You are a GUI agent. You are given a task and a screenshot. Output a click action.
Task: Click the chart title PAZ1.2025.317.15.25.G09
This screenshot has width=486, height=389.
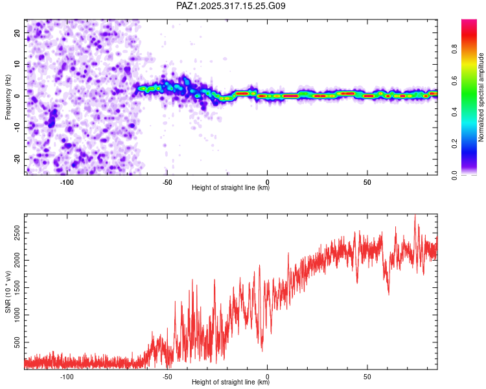coord(231,6)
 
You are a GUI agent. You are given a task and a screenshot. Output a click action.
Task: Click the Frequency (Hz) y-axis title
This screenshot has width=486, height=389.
coord(8,97)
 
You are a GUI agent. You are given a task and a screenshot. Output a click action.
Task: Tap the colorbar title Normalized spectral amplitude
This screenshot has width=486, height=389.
coord(481,97)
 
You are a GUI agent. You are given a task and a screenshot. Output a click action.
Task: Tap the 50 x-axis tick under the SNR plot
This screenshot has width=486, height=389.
coord(367,376)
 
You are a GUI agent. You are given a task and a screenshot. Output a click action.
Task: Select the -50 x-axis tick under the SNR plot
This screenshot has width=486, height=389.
coord(167,376)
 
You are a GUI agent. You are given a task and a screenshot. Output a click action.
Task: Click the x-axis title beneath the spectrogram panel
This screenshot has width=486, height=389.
coord(231,188)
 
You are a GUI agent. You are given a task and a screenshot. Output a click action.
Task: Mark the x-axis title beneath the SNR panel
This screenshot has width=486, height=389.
coord(231,383)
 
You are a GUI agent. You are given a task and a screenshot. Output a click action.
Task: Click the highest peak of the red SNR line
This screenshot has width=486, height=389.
coord(415,216)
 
